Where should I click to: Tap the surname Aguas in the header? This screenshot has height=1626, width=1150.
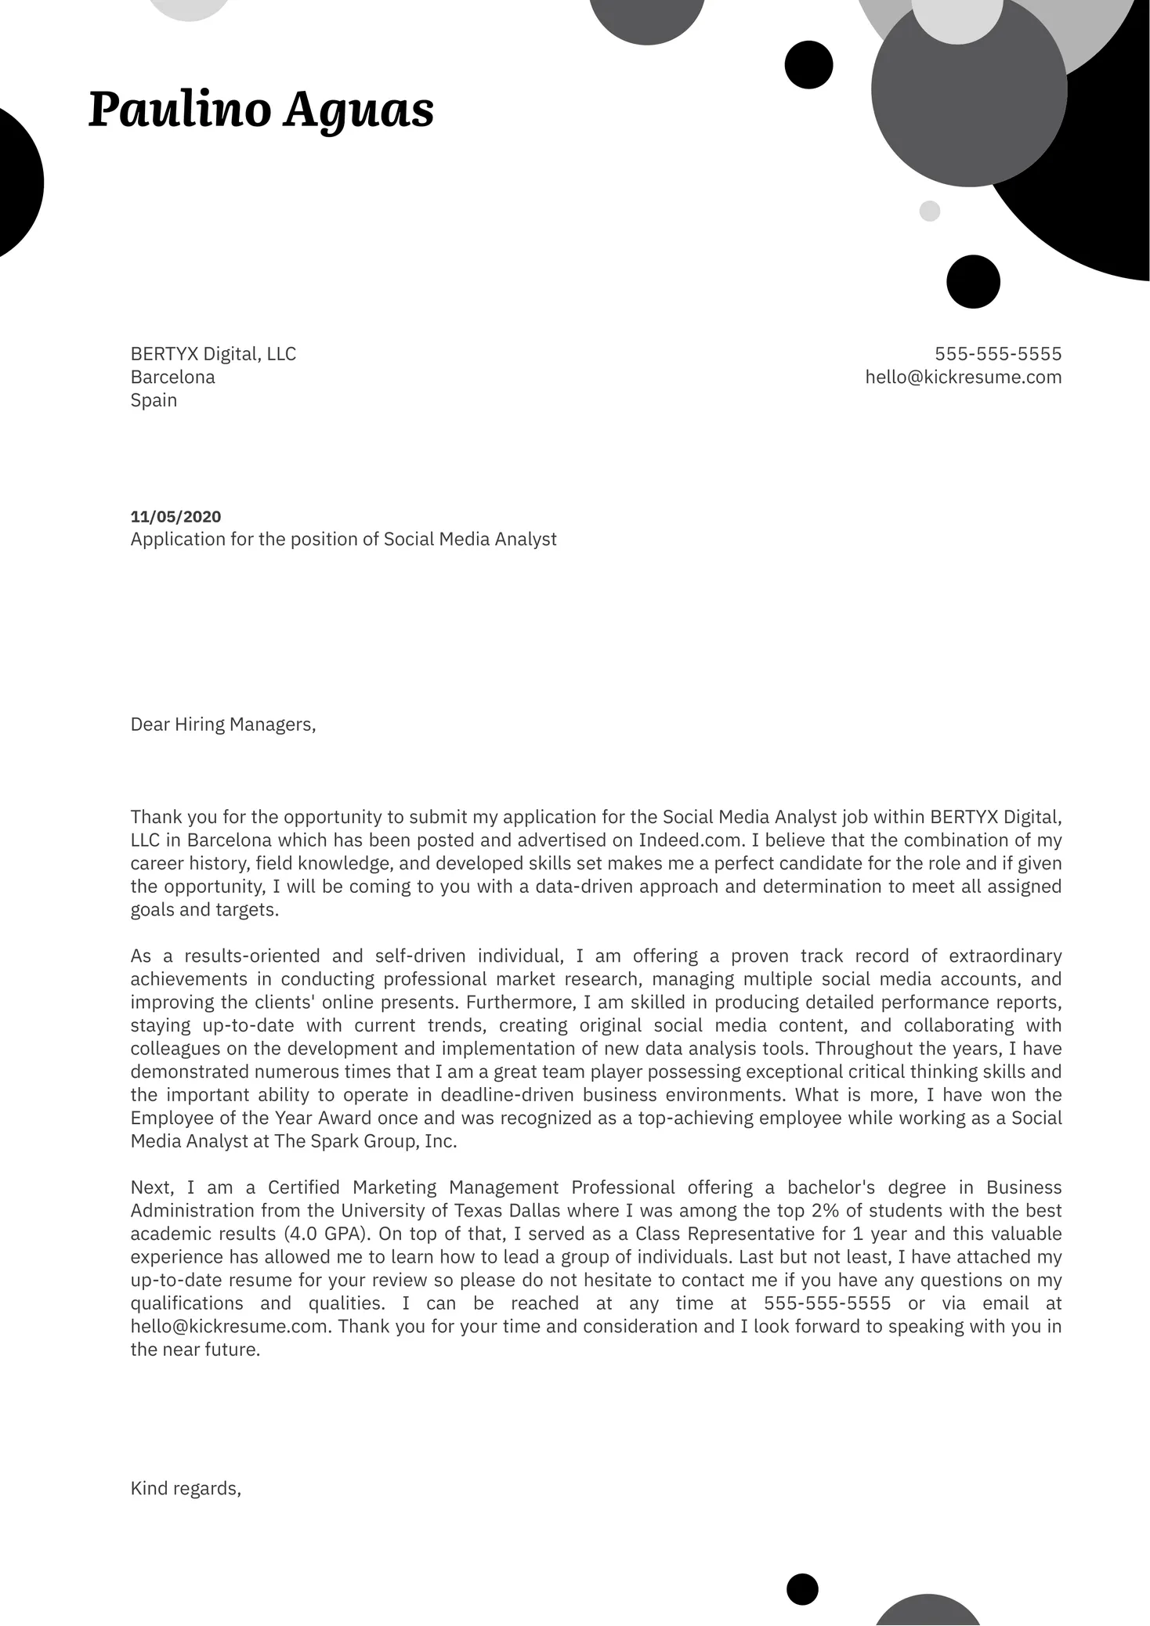[359, 110]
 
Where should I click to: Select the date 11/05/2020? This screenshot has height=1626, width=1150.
[175, 517]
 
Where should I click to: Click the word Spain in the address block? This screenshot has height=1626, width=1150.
[154, 400]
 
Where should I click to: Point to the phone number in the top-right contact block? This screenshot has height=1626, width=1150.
[998, 354]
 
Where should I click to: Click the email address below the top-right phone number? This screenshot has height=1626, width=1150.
[963, 378]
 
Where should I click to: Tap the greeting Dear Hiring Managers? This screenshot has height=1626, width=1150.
[222, 724]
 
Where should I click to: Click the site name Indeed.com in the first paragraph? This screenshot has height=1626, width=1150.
[689, 840]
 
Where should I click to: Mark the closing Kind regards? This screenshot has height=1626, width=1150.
[186, 1488]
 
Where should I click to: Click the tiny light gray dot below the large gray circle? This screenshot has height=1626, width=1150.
[929, 211]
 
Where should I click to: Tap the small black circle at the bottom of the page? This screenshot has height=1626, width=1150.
[802, 1589]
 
